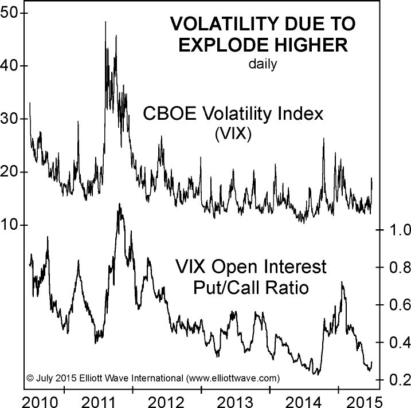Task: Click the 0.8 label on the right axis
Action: (398, 267)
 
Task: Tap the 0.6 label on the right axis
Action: (398, 304)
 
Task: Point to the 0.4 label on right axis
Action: (398, 342)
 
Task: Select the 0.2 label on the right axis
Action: (398, 379)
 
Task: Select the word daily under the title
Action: (263, 64)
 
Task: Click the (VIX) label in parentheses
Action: (233, 134)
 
